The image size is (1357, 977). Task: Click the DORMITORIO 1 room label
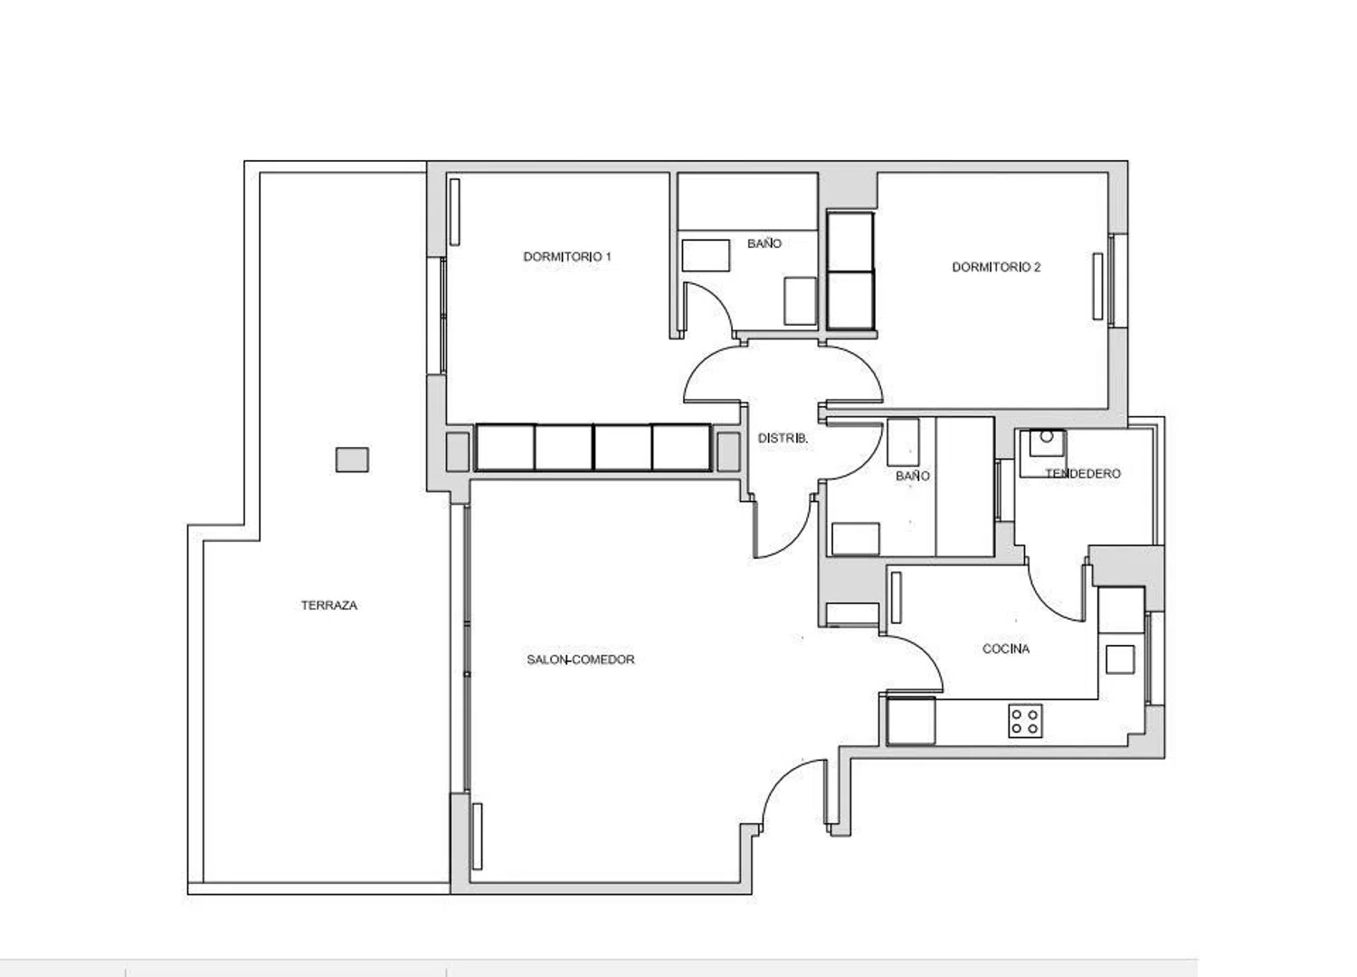(567, 257)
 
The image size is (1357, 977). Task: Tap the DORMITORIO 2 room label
(996, 267)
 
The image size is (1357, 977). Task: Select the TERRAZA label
(329, 605)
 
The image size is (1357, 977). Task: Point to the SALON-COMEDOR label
(581, 659)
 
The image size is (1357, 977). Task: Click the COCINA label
(1006, 649)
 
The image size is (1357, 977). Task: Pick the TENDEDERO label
(1083, 474)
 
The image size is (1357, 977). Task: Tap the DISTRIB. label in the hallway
(783, 438)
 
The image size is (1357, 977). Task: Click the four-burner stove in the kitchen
(1025, 721)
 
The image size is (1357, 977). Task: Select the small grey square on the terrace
(352, 460)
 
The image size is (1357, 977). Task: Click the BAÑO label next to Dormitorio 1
(764, 243)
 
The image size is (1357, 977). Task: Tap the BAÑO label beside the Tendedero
(912, 476)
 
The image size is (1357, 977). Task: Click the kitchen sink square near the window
(1120, 659)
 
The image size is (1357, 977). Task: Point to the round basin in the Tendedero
(1046, 436)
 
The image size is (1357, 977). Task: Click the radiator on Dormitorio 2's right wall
(1097, 286)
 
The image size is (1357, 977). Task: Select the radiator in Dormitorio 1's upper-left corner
(454, 212)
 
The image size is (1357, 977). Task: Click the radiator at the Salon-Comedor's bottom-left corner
(478, 836)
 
